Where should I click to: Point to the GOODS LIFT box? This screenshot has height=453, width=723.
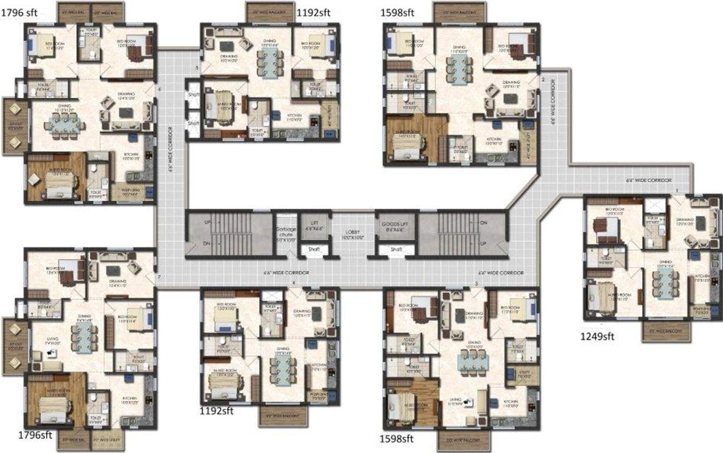[x=395, y=226]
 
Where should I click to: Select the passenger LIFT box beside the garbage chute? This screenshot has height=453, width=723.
[x=313, y=225]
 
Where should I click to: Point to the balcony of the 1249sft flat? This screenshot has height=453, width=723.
[x=665, y=332]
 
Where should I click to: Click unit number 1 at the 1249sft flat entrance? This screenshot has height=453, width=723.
[x=676, y=189]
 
